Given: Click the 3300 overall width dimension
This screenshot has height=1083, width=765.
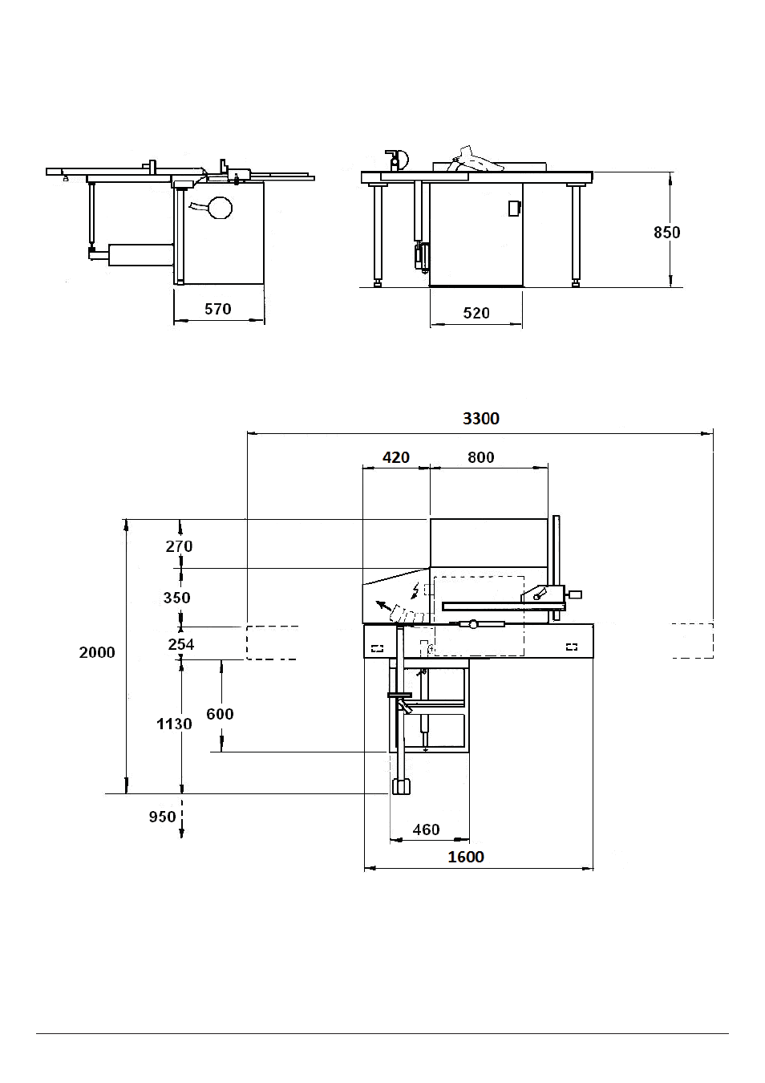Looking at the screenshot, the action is click(x=481, y=418).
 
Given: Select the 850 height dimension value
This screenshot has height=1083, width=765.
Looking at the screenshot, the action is click(x=667, y=233).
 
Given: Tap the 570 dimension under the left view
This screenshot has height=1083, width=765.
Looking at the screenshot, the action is click(x=218, y=309).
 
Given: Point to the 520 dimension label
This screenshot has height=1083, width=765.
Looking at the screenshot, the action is click(x=476, y=313).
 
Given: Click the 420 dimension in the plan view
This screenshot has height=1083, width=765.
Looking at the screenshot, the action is click(x=396, y=457).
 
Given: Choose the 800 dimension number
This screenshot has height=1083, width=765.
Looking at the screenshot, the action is click(x=481, y=457).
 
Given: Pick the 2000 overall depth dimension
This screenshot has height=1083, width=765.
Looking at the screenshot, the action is click(x=97, y=652).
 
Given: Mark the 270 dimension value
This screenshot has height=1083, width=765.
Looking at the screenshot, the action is click(x=179, y=546).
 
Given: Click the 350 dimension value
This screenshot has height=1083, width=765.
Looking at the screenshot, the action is click(x=177, y=598).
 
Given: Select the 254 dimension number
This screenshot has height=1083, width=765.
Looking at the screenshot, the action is click(x=181, y=644).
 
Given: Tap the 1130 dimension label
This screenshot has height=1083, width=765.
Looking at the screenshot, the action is click(x=174, y=724).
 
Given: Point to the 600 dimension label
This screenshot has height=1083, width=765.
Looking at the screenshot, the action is click(x=220, y=714).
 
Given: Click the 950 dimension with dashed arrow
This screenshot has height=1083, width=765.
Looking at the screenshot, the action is click(x=162, y=817).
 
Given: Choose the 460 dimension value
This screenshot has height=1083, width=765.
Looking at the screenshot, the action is click(x=427, y=829).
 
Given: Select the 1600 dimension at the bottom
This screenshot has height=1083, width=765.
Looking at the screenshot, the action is click(x=466, y=857).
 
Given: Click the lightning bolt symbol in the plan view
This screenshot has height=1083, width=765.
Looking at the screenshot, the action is click(x=415, y=590).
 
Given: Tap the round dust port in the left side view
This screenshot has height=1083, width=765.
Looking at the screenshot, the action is click(x=220, y=208).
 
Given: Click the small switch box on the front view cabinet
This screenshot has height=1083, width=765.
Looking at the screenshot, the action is click(x=514, y=208).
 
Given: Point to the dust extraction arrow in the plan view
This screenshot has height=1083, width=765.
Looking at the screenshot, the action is click(x=384, y=606).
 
